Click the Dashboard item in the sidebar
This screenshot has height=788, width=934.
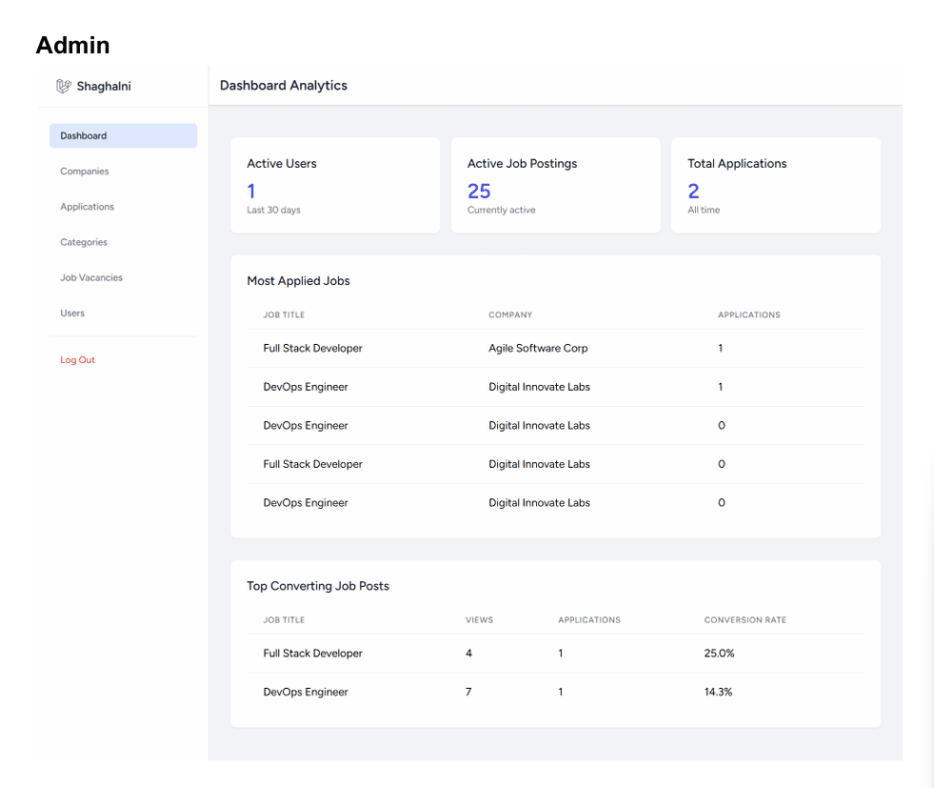coord(123,136)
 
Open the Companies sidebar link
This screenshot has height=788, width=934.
coord(85,172)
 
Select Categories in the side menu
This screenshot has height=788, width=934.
coord(84,242)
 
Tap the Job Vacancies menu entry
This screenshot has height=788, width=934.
coord(91,278)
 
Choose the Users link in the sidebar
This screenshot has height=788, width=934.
coord(72,313)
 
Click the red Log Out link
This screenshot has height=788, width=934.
coord(77,360)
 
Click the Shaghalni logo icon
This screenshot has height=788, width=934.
coord(64,87)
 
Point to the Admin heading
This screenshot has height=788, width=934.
coord(72,46)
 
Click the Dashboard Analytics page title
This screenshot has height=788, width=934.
coord(284,85)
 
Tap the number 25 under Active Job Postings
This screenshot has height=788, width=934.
coord(479,192)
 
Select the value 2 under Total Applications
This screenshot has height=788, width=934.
coord(693,192)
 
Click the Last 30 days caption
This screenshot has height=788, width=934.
coord(273,210)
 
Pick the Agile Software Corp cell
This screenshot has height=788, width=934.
coord(538,348)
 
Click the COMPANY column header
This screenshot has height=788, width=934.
coord(510,314)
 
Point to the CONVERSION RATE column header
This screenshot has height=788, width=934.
coord(745,620)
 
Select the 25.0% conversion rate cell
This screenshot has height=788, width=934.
coord(719,654)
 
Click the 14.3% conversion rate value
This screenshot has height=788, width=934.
coord(719,692)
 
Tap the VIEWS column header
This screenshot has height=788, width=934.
coord(480,620)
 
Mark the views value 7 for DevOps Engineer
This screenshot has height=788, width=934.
coord(468,692)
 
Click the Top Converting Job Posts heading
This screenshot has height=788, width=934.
coord(318,586)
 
